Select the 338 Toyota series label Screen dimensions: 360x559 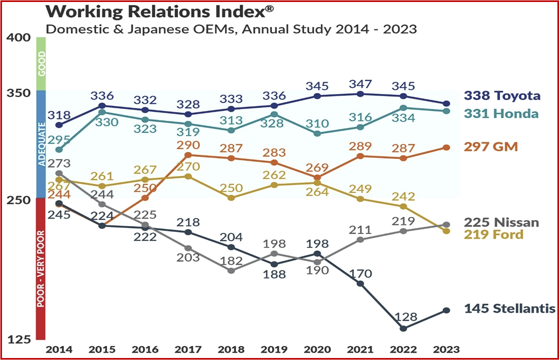click(x=502, y=96)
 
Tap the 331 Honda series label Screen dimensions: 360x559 click(x=501, y=114)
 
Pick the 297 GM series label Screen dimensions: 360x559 click(x=490, y=147)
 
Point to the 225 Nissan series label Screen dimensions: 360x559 click(x=501, y=222)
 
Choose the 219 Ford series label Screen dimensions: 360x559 click(x=493, y=234)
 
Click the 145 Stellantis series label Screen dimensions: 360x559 click(x=510, y=309)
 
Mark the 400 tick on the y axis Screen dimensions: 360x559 click(x=18, y=37)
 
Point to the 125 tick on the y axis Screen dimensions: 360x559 click(x=18, y=339)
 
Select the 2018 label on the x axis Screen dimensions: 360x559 click(x=231, y=350)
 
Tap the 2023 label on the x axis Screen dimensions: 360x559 click(x=447, y=350)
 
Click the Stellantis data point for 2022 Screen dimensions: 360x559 click(x=404, y=329)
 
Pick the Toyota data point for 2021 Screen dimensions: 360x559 click(x=360, y=94)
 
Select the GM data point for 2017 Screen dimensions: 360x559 click(x=188, y=155)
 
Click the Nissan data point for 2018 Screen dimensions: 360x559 click(x=231, y=271)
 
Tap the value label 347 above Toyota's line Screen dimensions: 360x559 click(x=360, y=84)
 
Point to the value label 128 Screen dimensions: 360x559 click(x=406, y=317)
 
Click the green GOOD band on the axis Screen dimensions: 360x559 click(x=41, y=64)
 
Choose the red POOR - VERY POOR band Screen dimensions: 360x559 click(x=41, y=269)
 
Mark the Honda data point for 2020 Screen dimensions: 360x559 click(x=317, y=134)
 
